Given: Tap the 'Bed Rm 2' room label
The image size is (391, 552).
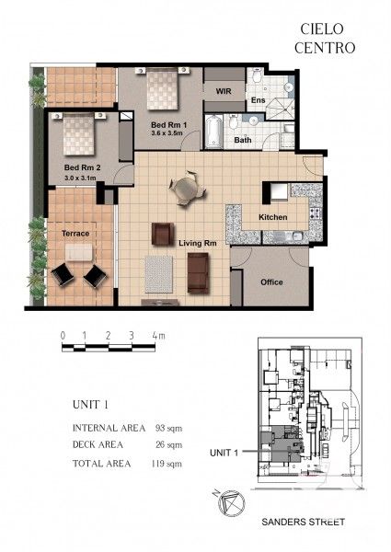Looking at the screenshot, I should pos(82,167).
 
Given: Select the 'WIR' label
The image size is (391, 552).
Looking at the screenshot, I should pos(222,92).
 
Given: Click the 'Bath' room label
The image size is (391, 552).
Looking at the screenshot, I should pos(242,141).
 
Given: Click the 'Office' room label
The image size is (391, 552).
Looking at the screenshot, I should pos(271,282).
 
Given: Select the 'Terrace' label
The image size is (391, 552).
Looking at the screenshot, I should pos(75,235).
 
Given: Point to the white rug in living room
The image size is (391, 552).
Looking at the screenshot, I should pos(158,272).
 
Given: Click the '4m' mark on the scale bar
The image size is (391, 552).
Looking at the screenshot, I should pos(158,337).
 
